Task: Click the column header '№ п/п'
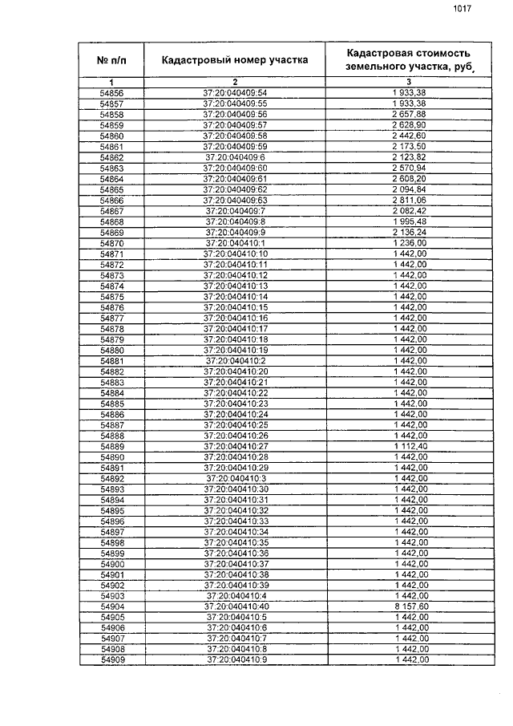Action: tap(111, 60)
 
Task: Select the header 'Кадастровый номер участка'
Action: tap(235, 60)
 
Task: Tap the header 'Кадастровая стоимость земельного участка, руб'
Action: tap(409, 60)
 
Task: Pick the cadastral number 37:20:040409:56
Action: tap(235, 115)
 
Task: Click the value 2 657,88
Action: tap(410, 115)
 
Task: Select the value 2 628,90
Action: tap(410, 126)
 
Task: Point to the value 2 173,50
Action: tap(410, 147)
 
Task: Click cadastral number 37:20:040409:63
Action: tap(235, 200)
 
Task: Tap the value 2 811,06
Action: tap(410, 200)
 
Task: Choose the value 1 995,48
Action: tap(410, 221)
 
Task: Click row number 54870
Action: tap(111, 243)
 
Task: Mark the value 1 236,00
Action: tap(410, 243)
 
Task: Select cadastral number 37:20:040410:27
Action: tap(235, 445)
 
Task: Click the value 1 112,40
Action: tap(410, 445)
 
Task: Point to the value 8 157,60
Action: tap(410, 607)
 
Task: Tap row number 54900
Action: tap(111, 564)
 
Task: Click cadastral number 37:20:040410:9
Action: tap(235, 659)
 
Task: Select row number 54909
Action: tap(111, 659)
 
